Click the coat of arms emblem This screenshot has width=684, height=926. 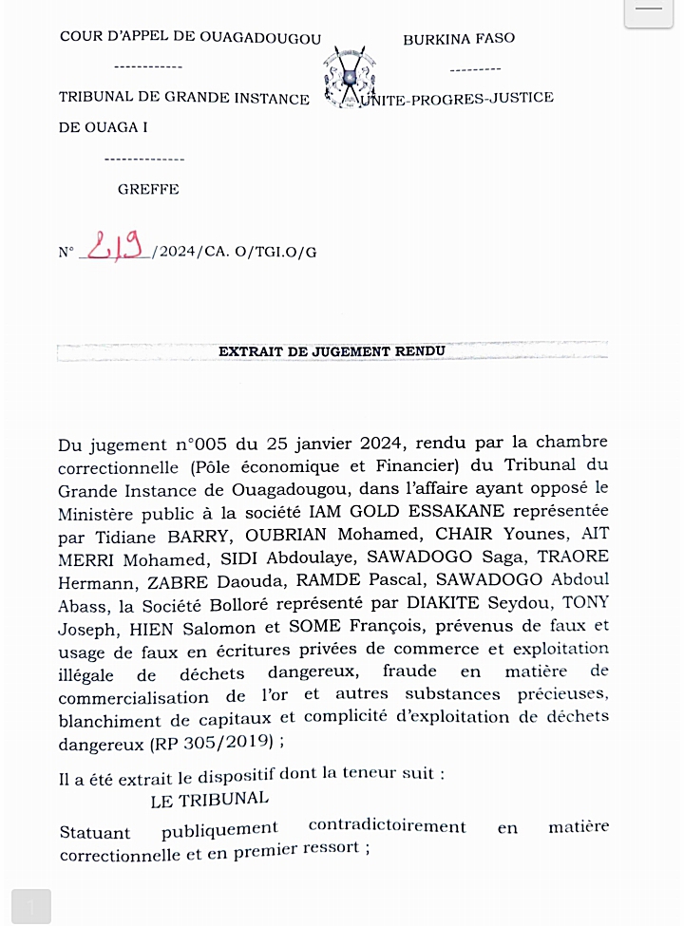point(342,76)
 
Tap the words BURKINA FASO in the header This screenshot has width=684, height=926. point(459,39)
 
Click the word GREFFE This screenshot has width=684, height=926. point(148,189)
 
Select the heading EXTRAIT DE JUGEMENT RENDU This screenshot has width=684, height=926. point(332,351)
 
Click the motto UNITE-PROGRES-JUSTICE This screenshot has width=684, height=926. point(455,98)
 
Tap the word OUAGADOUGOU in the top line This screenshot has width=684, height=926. point(261,39)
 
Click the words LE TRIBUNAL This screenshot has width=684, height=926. point(209,798)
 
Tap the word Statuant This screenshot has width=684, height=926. point(95,833)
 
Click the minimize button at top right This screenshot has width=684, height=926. point(649,11)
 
